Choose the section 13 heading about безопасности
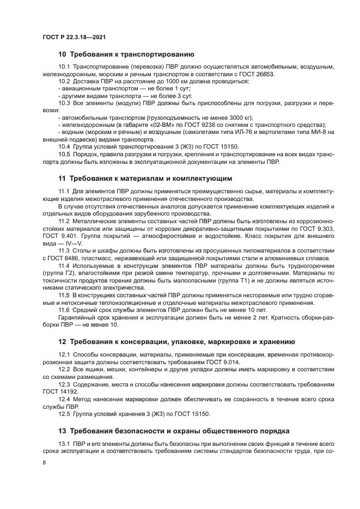(176, 430)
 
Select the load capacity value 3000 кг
(229, 116)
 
